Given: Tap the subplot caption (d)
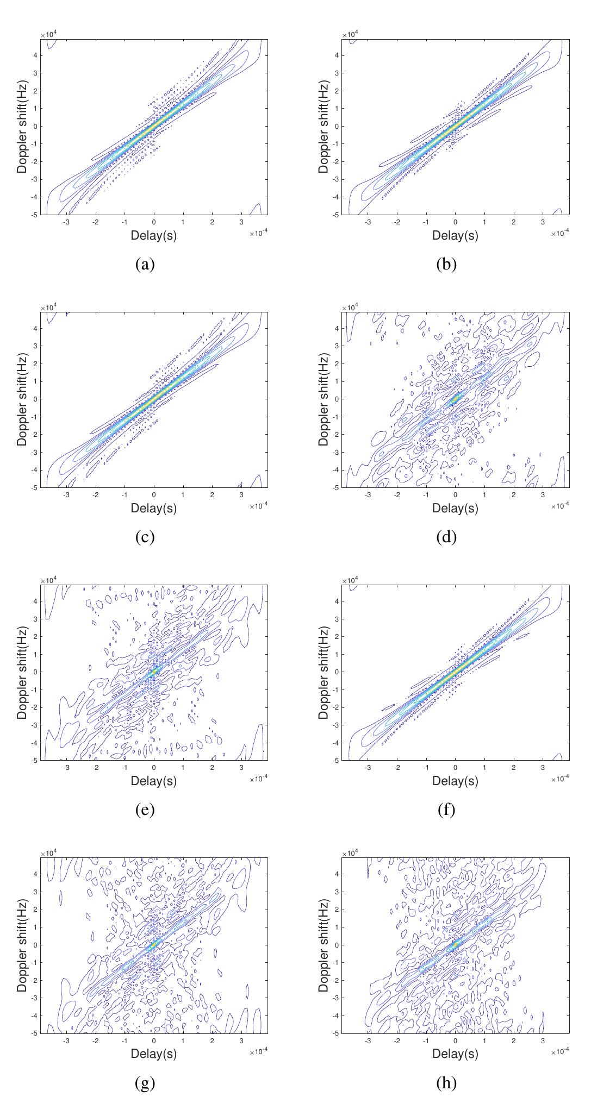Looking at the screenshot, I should [x=446, y=537].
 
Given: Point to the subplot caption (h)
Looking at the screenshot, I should [x=446, y=1083].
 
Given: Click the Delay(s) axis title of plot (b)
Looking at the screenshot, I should [x=455, y=235].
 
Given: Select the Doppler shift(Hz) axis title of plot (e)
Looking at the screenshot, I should [x=22, y=672].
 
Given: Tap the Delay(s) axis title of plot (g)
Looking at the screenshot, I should [x=153, y=1054].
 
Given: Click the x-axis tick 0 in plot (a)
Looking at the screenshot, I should [x=154, y=222].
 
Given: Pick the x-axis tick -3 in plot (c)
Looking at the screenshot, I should [x=67, y=495].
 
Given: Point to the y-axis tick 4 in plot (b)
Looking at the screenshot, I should [x=337, y=55].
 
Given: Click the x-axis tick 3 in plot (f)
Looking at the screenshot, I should [x=543, y=768].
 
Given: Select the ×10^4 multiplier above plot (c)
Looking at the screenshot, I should [x=48, y=308].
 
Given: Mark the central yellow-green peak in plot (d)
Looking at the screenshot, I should [x=456, y=399].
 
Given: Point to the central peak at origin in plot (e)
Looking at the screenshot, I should [x=153, y=672].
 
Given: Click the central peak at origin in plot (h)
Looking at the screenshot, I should [x=456, y=945].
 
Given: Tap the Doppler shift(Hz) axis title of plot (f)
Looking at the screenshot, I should [x=324, y=672].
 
